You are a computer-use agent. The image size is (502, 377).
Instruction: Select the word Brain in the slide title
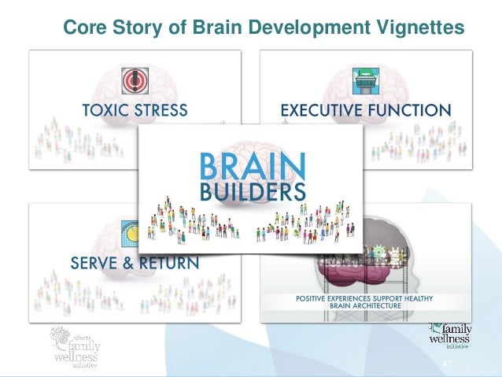[214, 28]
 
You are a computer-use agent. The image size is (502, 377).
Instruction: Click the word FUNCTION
[413, 109]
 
